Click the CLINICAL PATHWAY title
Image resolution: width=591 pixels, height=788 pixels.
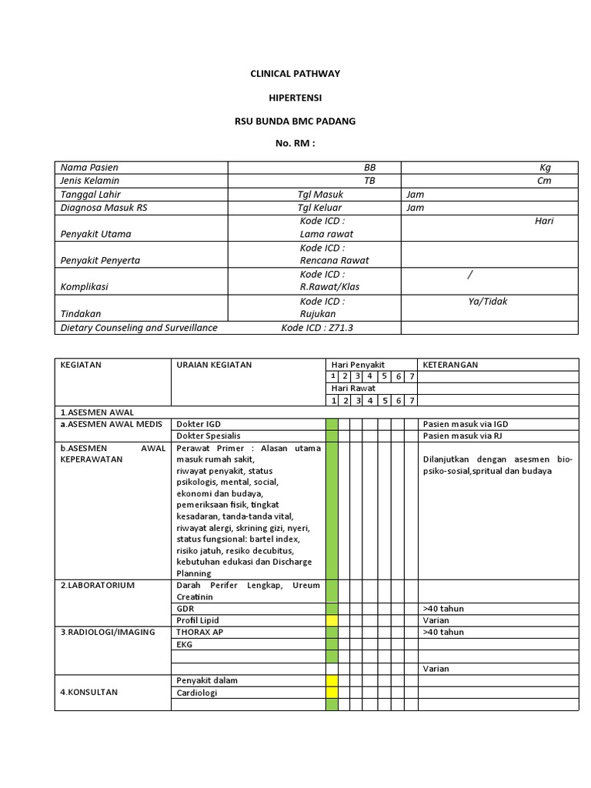tap(295, 73)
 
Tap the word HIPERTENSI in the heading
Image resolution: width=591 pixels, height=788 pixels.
tap(295, 98)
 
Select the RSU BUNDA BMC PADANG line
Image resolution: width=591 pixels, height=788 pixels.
tap(295, 122)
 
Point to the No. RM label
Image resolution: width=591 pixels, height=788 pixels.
tap(295, 144)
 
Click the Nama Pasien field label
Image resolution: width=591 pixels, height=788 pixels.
tap(89, 167)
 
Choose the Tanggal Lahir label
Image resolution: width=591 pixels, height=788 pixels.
tap(91, 195)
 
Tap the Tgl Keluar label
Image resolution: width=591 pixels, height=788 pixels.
tap(320, 208)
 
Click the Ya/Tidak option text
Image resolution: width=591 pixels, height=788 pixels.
tap(488, 302)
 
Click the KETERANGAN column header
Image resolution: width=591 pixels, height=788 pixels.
tap(450, 365)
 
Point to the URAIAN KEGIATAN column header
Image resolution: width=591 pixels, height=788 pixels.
tap(214, 365)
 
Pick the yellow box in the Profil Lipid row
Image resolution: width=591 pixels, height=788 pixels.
tap(332, 620)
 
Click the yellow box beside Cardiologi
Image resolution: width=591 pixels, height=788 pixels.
tap(332, 693)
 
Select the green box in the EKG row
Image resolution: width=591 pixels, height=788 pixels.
tap(332, 645)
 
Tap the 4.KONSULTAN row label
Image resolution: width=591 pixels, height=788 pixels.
tap(89, 692)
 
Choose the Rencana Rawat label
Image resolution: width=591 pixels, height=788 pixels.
tap(334, 260)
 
